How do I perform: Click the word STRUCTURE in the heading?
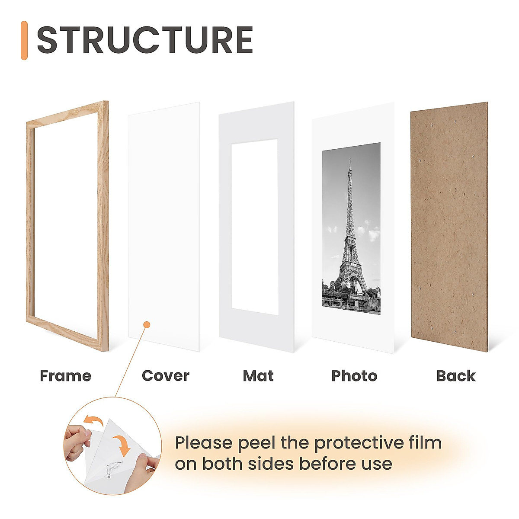(145, 40)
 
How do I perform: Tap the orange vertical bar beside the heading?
(24, 40)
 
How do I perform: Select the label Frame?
(66, 376)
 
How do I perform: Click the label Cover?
(165, 376)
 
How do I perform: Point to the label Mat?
(258, 376)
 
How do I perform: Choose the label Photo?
(354, 376)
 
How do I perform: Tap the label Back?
(455, 376)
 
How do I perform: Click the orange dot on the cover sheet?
(147, 324)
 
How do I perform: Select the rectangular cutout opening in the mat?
(254, 227)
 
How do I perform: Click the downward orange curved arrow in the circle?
(124, 445)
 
